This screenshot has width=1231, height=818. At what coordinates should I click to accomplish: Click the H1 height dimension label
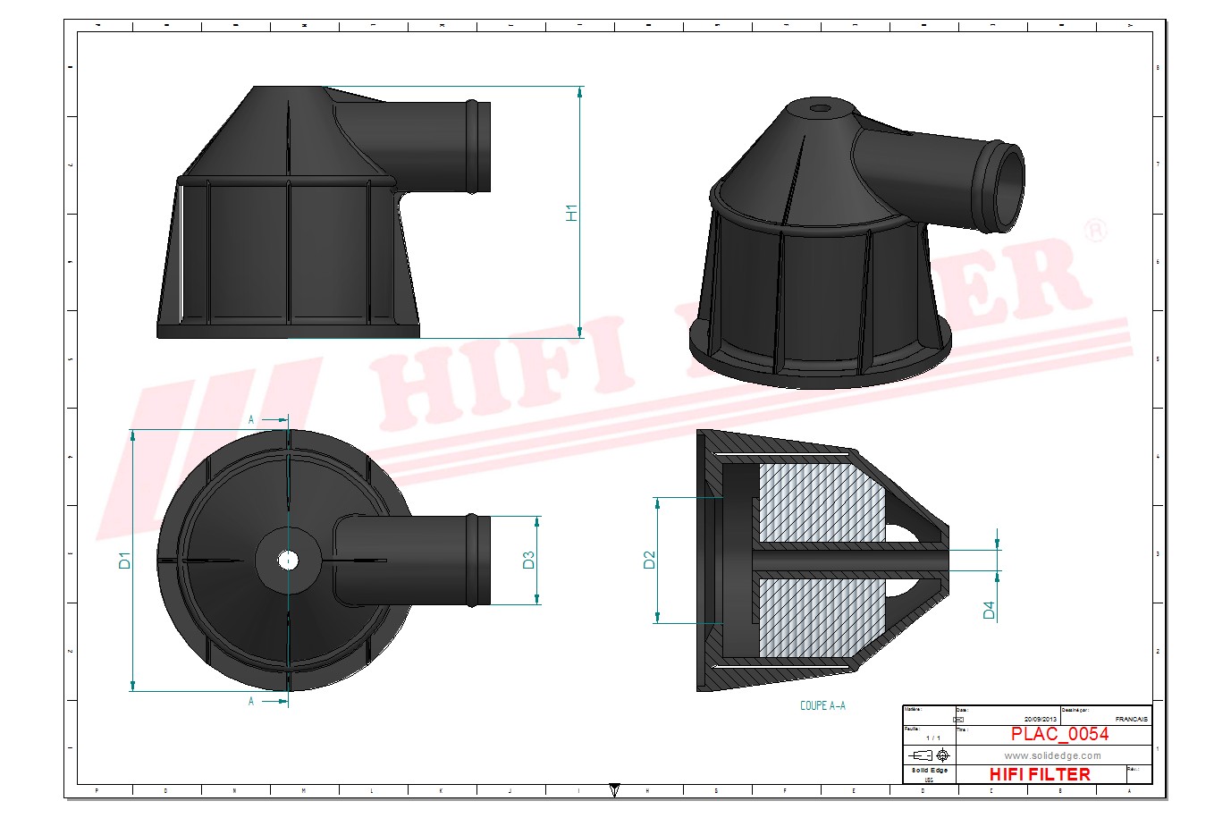(x=572, y=213)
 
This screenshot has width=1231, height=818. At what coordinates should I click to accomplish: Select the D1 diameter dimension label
(x=125, y=561)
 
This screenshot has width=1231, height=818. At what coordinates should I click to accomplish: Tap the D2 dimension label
(x=650, y=560)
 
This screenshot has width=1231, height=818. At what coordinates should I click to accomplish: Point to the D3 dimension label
(x=528, y=561)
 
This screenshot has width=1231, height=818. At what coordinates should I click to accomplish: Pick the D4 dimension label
(x=989, y=610)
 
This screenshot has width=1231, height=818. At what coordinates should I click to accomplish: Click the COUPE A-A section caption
(x=822, y=705)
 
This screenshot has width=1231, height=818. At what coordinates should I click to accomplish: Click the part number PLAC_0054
(x=1059, y=734)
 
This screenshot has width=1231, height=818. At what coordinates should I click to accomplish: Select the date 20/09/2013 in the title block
(x=1041, y=719)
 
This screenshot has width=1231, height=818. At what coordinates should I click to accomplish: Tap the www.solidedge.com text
(x=1052, y=755)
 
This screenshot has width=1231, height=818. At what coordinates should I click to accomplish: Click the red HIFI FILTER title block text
(x=1040, y=774)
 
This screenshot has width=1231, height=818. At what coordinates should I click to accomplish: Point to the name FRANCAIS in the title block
(x=1131, y=719)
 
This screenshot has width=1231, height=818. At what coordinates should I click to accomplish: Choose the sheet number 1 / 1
(x=932, y=738)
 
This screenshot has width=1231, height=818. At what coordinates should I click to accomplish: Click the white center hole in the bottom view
(x=288, y=561)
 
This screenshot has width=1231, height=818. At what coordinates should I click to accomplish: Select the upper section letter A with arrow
(x=252, y=419)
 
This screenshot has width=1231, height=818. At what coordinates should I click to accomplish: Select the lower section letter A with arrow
(x=252, y=702)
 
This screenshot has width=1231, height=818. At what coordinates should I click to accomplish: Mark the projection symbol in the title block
(x=930, y=755)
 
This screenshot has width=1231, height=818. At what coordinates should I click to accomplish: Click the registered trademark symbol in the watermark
(x=1095, y=231)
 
